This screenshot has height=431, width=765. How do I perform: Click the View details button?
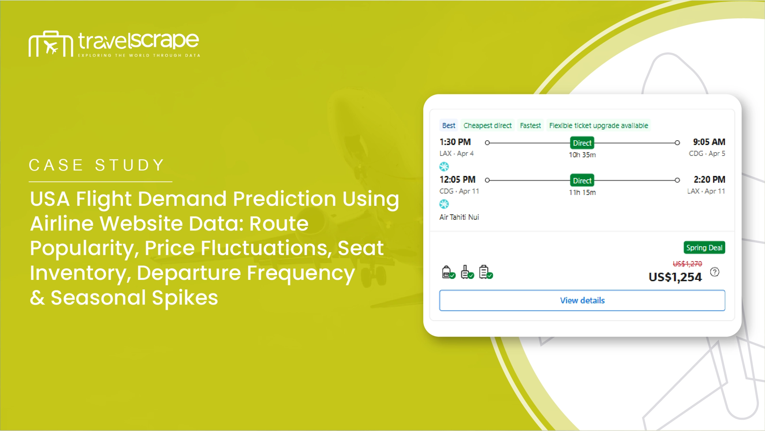tap(582, 300)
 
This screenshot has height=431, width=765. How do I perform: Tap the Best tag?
tap(448, 125)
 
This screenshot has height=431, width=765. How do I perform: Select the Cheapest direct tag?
tap(487, 125)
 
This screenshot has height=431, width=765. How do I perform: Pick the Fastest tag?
tap(530, 125)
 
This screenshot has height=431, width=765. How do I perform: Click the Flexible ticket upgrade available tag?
tap(599, 125)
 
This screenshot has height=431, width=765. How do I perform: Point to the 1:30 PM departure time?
tap(455, 142)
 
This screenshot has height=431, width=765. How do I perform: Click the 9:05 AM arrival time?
tap(709, 142)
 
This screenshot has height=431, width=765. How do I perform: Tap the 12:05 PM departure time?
tap(457, 179)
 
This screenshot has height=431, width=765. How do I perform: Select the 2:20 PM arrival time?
tap(709, 179)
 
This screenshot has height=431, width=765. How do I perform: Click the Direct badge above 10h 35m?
tap(582, 143)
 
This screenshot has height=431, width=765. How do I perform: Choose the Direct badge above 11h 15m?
tap(582, 181)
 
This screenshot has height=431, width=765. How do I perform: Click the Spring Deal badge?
tap(704, 248)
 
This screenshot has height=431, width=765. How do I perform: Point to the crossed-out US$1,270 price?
tap(687, 264)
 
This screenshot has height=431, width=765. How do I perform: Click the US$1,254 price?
tap(675, 277)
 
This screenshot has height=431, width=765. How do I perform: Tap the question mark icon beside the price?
tap(715, 272)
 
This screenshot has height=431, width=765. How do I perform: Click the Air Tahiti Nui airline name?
tap(459, 217)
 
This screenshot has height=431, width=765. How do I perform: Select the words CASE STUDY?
tap(97, 165)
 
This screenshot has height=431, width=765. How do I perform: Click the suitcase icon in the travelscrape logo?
tap(51, 44)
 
